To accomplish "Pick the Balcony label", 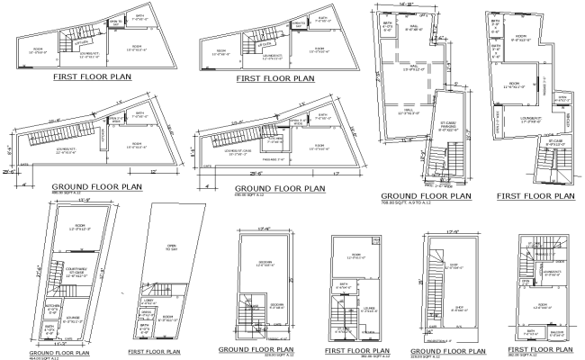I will click(554, 334).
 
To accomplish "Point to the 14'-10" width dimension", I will click(405, 5).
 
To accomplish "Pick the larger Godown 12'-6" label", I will click(265, 264).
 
